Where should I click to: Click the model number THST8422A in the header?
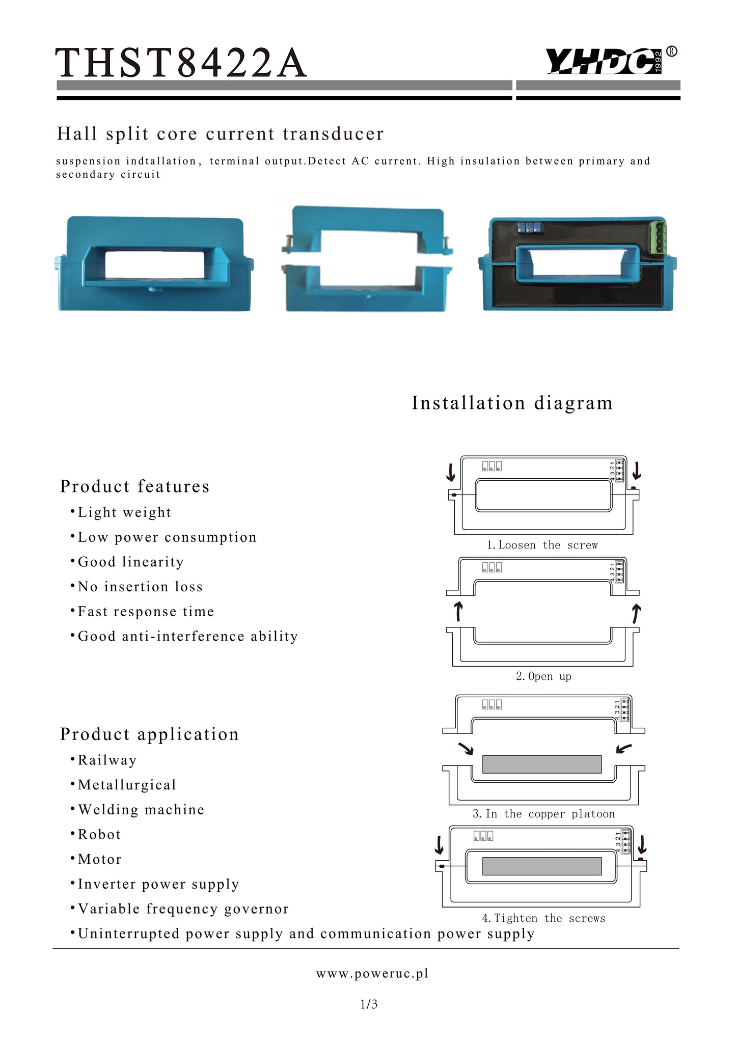point(181,63)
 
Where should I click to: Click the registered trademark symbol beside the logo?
point(672,51)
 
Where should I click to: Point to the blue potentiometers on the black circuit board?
point(528,227)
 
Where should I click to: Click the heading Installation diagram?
point(512,403)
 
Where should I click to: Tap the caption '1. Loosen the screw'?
point(542,545)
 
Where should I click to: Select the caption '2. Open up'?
point(543,676)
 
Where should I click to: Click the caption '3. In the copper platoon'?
point(543,814)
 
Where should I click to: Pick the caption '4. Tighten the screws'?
point(543,918)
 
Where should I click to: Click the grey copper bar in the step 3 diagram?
point(542,764)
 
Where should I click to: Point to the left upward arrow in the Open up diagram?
point(458,612)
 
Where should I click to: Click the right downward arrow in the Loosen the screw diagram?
point(637,471)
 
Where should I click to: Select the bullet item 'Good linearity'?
point(127,562)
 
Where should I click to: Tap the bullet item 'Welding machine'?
point(137,810)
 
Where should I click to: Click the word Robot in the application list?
point(99,835)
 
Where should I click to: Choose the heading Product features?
point(134,486)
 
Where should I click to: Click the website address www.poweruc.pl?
point(372,974)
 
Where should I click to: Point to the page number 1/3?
point(369,1004)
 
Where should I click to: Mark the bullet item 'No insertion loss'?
point(137,587)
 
